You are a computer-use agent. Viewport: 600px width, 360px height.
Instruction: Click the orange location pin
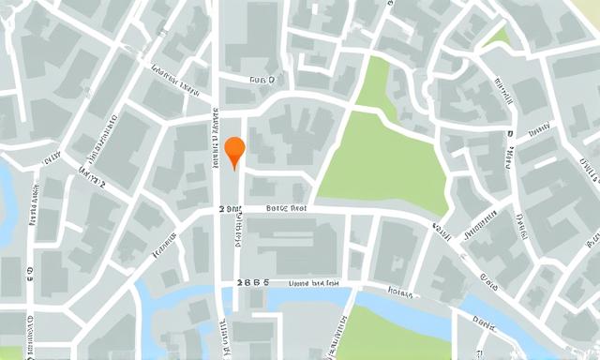(234, 150)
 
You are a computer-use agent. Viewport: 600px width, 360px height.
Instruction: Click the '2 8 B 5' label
(253, 281)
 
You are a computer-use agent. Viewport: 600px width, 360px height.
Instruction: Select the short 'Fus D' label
(263, 82)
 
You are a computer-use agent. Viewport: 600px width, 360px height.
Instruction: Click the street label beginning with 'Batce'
(287, 209)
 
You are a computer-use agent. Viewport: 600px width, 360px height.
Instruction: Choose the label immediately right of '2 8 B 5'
(313, 281)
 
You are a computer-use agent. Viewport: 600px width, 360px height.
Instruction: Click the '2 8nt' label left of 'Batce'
(227, 209)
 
